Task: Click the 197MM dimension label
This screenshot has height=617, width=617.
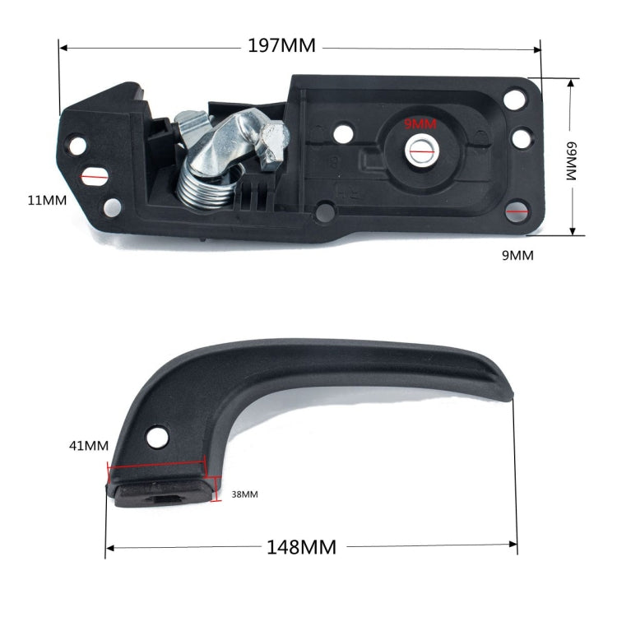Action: coord(282,46)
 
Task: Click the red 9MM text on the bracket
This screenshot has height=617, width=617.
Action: coord(420,124)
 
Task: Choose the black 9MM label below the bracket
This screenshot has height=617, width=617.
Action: coord(517,255)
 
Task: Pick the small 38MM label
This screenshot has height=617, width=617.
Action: coord(244,494)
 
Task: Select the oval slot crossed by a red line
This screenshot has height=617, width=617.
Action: coord(95,175)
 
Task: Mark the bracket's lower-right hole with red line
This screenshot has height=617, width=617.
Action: coord(517,212)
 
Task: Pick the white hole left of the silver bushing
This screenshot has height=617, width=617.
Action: coord(342,128)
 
